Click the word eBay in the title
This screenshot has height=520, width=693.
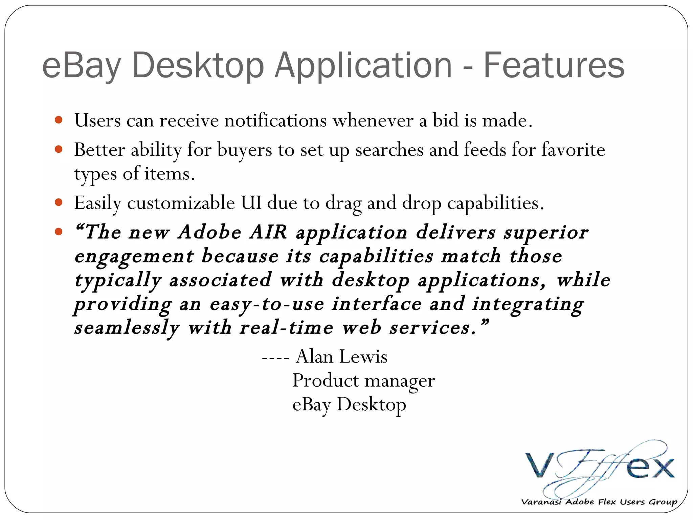pos(81,65)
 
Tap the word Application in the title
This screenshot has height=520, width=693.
pos(363,65)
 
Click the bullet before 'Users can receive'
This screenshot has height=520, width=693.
pos(59,120)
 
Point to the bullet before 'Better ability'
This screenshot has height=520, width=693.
pos(59,149)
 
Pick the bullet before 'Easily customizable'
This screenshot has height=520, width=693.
pos(59,202)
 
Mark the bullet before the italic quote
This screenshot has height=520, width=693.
pos(59,232)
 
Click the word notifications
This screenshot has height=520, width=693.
pos(275,120)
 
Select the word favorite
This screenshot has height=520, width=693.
pos(573,150)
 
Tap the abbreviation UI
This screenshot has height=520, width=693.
pos(251,203)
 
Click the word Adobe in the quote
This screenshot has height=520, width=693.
pos(210,232)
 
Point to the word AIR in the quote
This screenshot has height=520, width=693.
pos(268,232)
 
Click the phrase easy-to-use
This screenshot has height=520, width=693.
pos(267,304)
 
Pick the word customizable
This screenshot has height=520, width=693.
pos(181,203)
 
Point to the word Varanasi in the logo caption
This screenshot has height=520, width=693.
pos(541,502)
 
